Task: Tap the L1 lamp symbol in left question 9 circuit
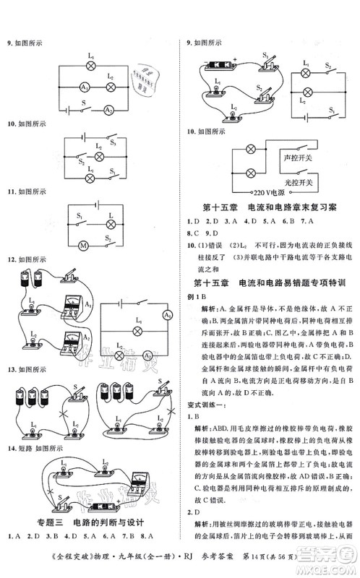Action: tap(90, 64)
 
